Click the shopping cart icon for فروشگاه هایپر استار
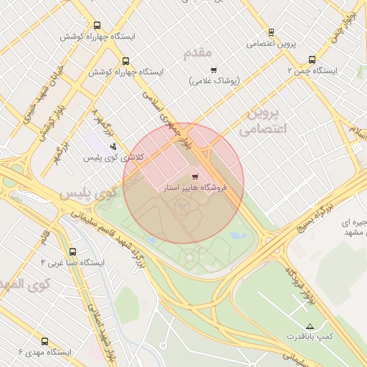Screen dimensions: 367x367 [195, 176]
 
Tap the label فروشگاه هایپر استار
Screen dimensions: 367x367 [195, 187]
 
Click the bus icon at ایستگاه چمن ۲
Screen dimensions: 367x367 [311, 60]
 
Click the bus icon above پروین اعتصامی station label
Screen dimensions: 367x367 [271, 32]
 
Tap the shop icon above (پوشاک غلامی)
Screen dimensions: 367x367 [214, 70]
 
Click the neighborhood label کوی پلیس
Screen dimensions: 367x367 [87, 194]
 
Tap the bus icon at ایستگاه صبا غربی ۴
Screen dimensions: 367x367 [72, 252]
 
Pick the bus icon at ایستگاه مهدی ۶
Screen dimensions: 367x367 [44, 342]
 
